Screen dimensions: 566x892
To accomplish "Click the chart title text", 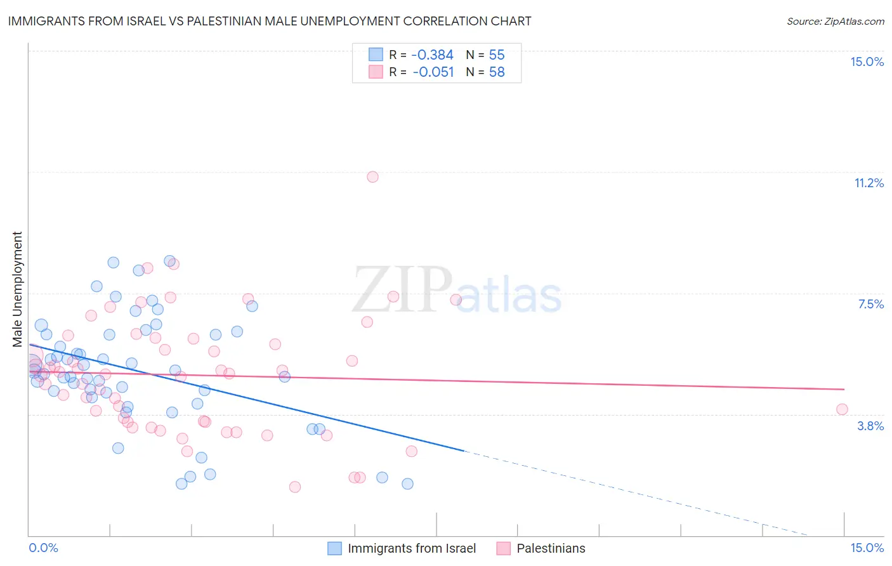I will point(270,21).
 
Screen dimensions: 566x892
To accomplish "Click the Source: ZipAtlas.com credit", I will point(835,21).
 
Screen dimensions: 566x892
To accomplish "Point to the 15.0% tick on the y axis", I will point(867,62).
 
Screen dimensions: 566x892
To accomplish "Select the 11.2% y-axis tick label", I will point(869,183).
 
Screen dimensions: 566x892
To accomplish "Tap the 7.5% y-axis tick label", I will point(870,304).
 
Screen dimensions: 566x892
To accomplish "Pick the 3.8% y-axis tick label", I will point(870,426).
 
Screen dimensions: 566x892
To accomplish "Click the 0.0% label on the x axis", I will point(43,548).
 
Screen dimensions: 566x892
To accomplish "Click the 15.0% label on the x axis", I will point(867,548).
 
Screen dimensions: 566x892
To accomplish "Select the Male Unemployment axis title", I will point(17,289).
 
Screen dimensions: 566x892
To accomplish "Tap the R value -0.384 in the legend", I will point(432,55).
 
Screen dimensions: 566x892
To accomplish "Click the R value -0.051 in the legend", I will point(433,72).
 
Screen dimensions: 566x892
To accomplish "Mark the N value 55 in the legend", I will point(497,55).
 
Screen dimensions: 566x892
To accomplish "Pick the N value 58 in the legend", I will point(497,72).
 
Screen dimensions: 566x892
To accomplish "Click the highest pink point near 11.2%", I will point(372,177).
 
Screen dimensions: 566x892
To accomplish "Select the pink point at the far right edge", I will point(842,409).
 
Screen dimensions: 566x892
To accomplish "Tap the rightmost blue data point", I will point(407,484).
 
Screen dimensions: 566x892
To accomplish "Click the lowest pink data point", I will point(294,487).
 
